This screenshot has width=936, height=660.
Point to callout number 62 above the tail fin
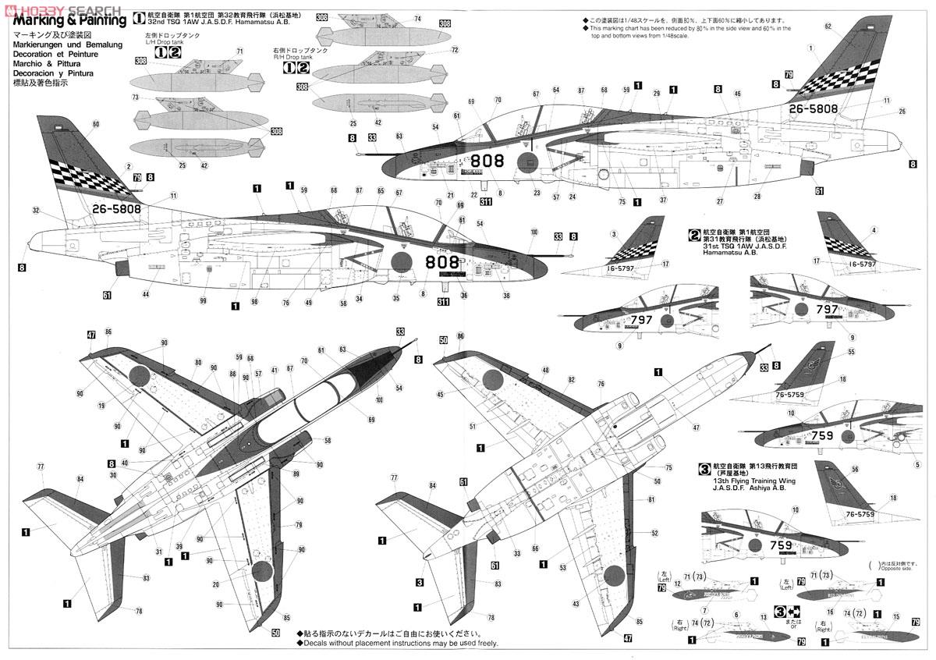point(828,26)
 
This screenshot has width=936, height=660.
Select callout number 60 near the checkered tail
point(96,124)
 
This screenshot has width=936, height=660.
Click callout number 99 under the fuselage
point(203,301)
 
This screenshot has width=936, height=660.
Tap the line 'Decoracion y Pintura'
point(52,73)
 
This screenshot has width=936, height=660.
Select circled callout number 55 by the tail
point(852,353)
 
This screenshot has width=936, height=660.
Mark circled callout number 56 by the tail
point(855,469)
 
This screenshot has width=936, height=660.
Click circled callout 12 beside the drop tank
point(677,583)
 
